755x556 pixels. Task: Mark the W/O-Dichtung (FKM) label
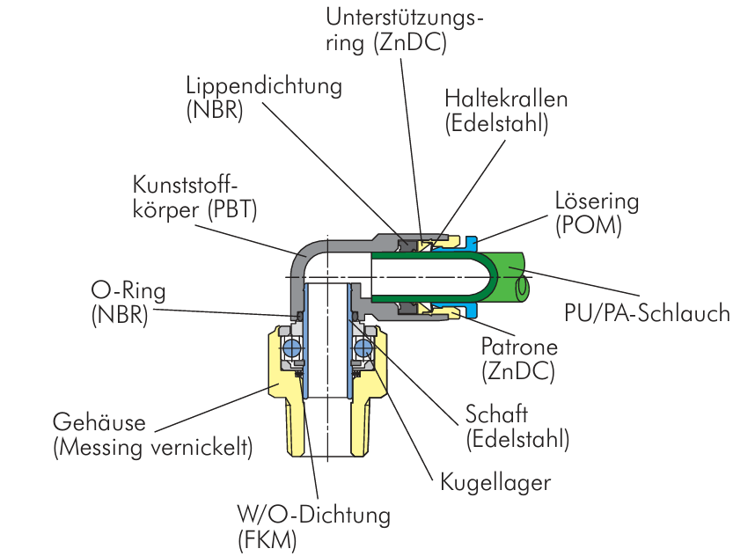click(313, 525)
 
